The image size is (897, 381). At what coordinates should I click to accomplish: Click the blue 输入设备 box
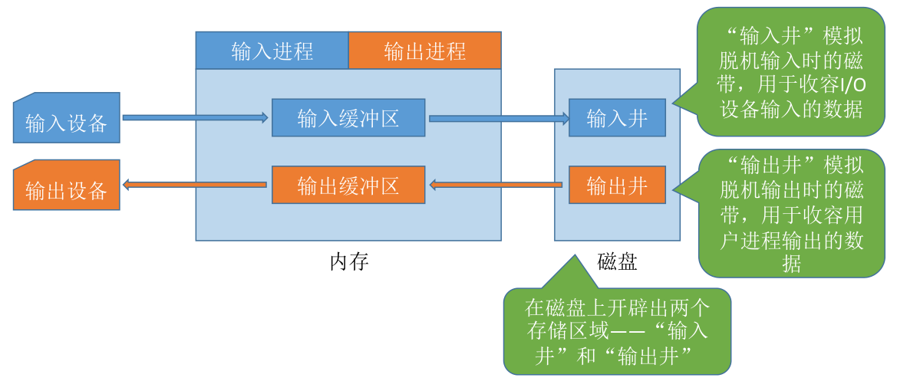tap(66, 117)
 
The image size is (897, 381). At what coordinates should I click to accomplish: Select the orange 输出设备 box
tap(66, 185)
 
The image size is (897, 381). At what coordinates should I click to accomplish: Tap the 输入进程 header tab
tap(272, 51)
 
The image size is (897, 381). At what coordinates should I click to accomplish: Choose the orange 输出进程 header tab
tap(425, 51)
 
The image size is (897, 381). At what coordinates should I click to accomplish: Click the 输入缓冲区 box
tap(348, 117)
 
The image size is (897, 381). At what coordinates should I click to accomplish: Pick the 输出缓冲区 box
tap(348, 185)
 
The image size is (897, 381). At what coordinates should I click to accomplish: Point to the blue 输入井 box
tap(617, 117)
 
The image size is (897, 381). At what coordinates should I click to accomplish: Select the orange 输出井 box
tap(617, 185)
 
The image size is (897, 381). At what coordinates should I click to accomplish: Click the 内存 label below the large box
tap(349, 261)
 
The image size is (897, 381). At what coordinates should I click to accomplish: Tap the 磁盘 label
tap(617, 261)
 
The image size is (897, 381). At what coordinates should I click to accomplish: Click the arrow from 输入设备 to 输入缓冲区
tap(196, 117)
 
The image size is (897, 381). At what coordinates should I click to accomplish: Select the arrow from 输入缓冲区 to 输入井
tap(499, 118)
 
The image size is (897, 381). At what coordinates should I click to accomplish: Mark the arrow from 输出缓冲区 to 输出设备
tap(195, 185)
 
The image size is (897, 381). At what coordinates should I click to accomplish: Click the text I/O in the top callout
tap(852, 84)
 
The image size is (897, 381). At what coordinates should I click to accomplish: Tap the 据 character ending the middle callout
tap(793, 264)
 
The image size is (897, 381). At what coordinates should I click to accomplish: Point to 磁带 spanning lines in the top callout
tap(793, 74)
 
